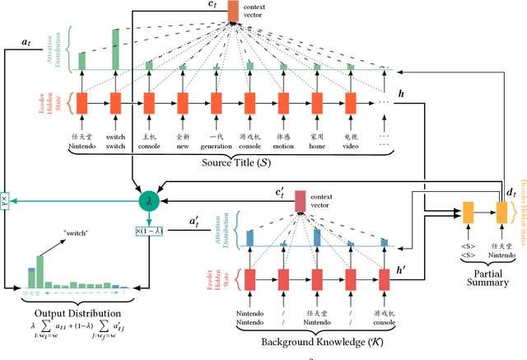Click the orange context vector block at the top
pyautogui.click(x=233, y=11)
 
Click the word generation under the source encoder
pyautogui.click(x=216, y=147)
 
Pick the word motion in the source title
pyautogui.click(x=283, y=147)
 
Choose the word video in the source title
pyautogui.click(x=351, y=147)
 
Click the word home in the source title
pyautogui.click(x=317, y=147)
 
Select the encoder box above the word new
pyautogui.click(x=182, y=103)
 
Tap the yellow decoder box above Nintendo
pyautogui.click(x=501, y=213)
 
